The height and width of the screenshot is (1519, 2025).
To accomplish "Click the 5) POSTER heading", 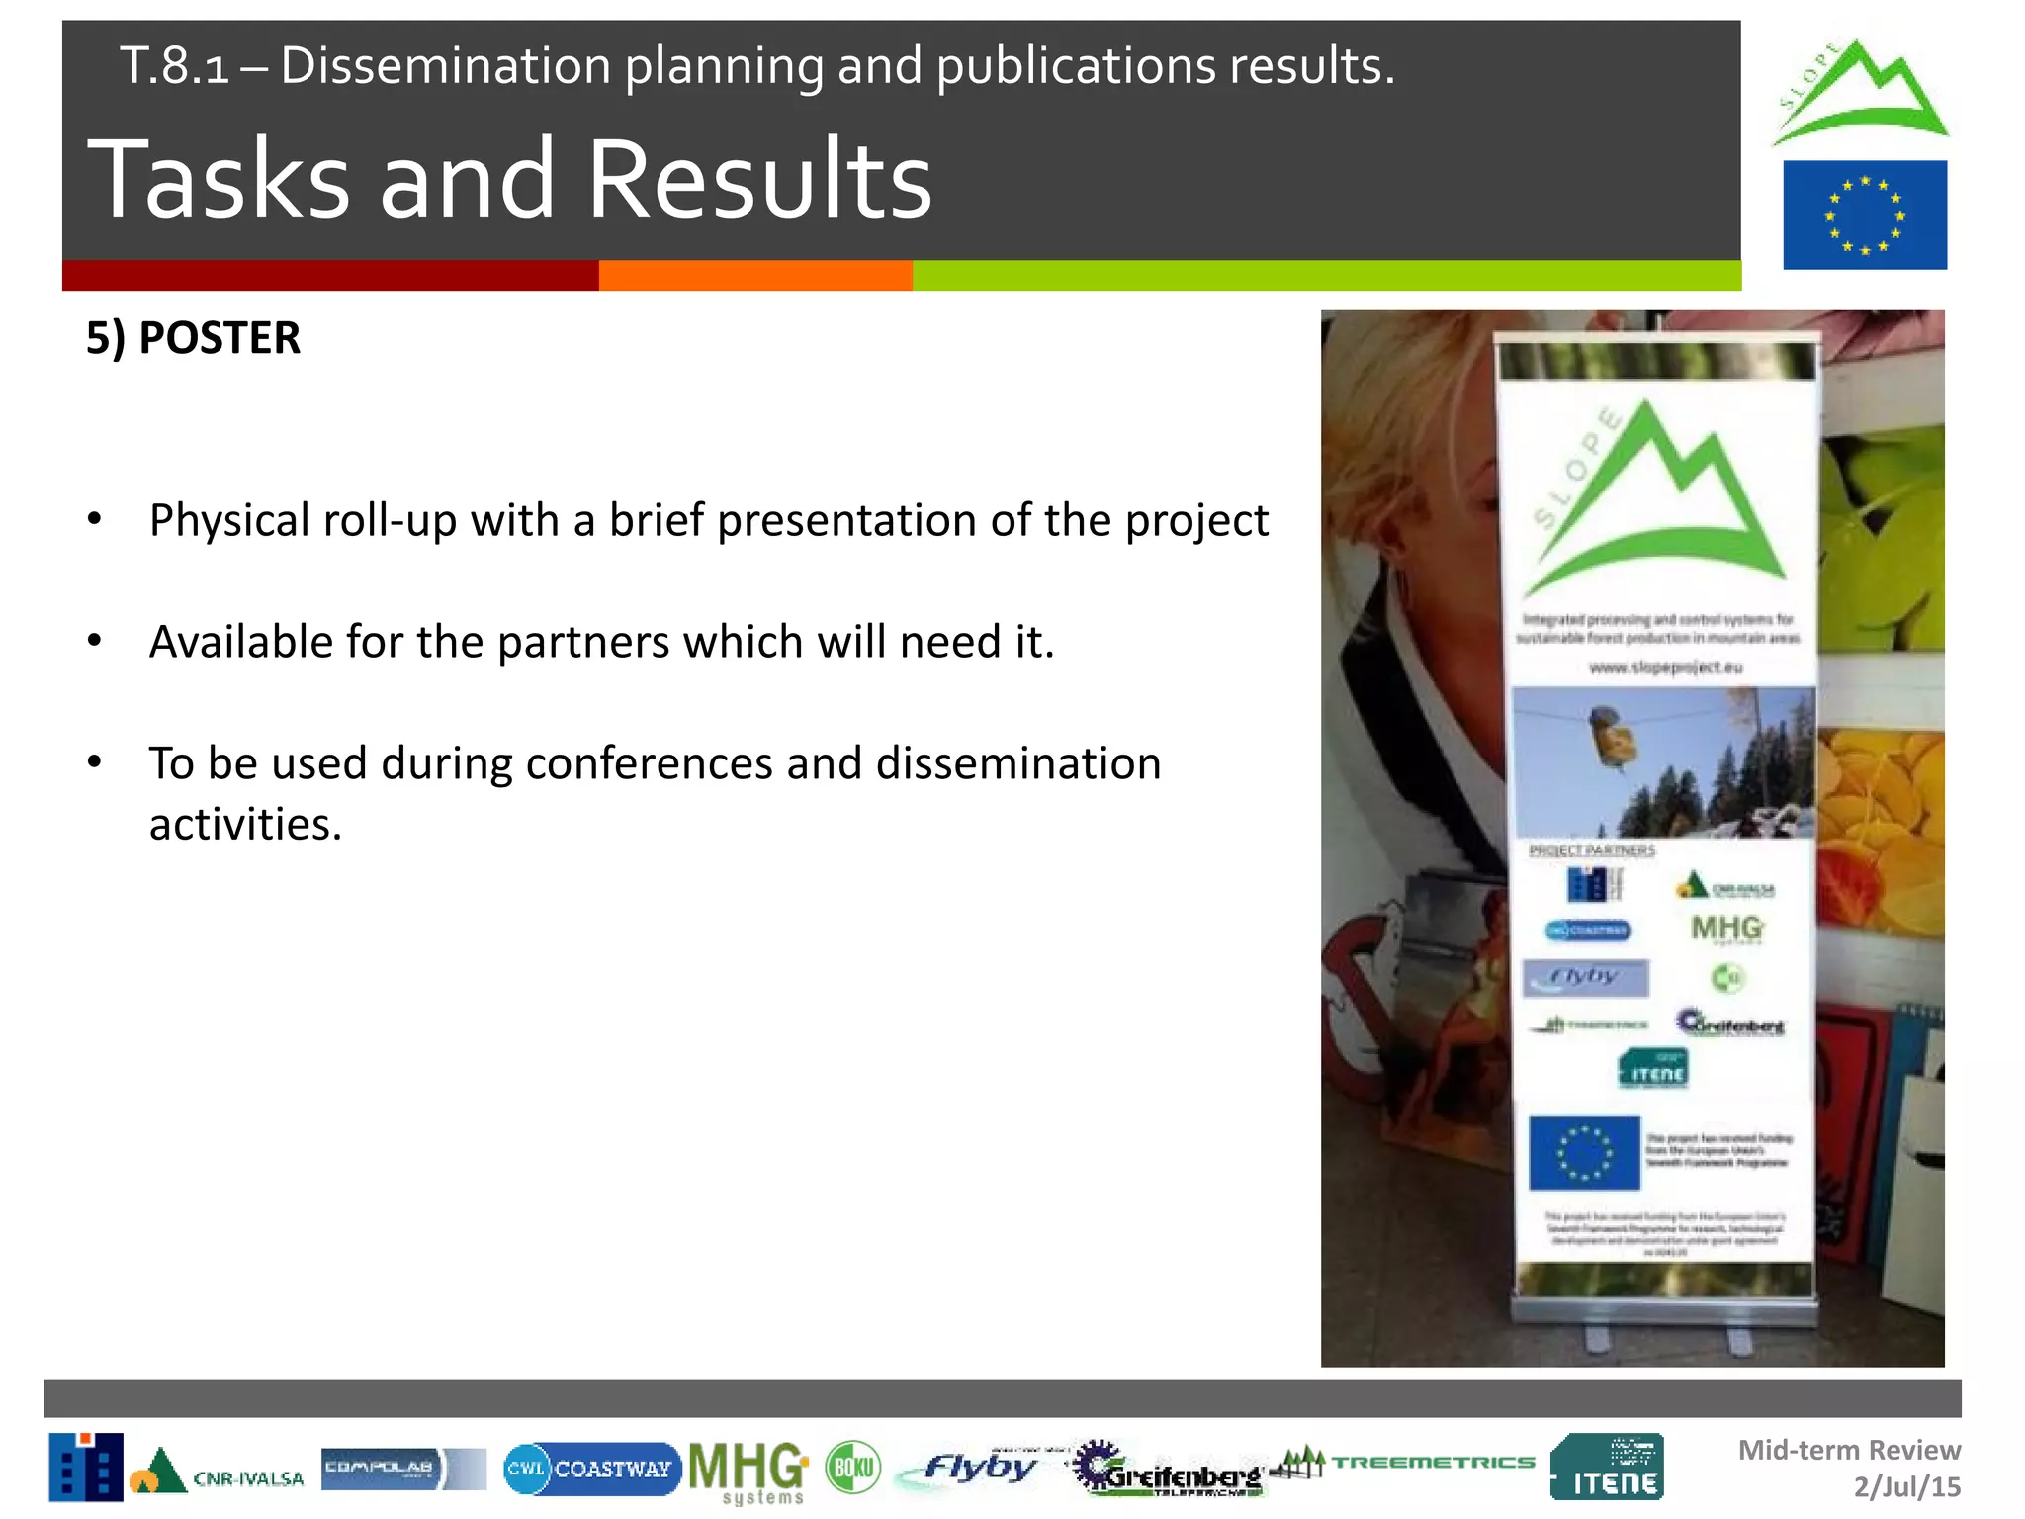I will click(x=193, y=339).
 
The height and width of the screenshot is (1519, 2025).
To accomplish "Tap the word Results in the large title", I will click(x=759, y=180).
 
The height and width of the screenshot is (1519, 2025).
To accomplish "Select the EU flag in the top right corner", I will click(x=1864, y=215).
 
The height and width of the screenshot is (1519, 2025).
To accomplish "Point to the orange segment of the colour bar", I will click(x=755, y=275).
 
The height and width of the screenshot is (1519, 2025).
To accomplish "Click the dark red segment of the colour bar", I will click(x=330, y=275).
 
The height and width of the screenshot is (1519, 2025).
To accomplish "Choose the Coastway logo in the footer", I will click(x=591, y=1469).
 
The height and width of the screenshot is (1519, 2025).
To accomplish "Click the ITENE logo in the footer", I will click(x=1607, y=1468).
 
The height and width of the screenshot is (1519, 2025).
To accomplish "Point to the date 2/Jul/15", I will click(x=1906, y=1487).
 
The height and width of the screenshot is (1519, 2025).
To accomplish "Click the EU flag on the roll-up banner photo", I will click(x=1584, y=1152).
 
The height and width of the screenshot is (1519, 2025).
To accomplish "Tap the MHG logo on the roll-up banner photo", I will click(x=1726, y=929).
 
